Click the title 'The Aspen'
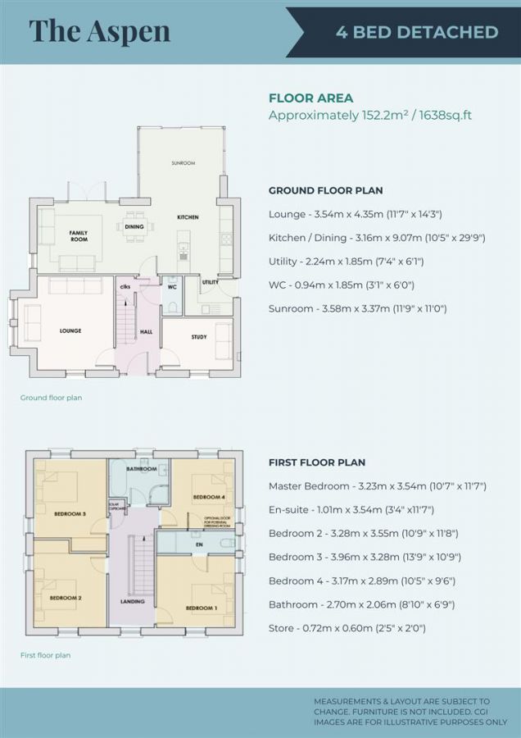[x=99, y=30]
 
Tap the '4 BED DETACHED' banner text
[x=417, y=32]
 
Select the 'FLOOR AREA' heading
[x=310, y=98]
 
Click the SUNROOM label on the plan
[x=183, y=163]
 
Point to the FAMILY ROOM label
[x=78, y=236]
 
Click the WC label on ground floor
[x=173, y=288]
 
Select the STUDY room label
[x=199, y=337]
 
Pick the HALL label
[x=147, y=331]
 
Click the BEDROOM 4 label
[x=208, y=498]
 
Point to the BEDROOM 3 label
[x=70, y=513]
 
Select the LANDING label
[x=132, y=601]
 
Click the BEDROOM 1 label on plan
[x=201, y=608]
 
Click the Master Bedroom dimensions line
[x=378, y=485]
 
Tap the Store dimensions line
[x=347, y=628]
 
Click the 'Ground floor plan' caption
[x=51, y=398]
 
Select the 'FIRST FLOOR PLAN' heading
[x=316, y=462]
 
